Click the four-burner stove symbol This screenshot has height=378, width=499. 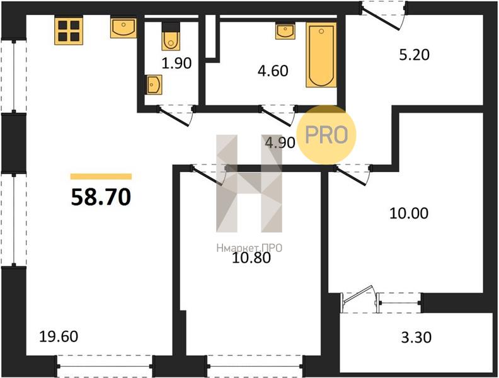click(69, 31)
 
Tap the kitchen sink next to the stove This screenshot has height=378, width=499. click(123, 28)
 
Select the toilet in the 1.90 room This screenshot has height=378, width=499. click(171, 36)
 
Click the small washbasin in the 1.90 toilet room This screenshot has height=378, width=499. click(154, 84)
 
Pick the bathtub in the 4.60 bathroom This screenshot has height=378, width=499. click(321, 55)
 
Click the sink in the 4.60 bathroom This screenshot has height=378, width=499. click(285, 31)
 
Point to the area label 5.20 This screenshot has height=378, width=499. click(414, 55)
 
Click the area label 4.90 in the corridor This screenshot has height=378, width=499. click(280, 142)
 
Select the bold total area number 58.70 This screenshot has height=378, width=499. click(101, 197)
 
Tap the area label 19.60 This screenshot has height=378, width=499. click(59, 336)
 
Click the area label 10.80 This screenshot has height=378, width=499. click(251, 258)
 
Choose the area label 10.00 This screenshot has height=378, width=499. click(409, 213)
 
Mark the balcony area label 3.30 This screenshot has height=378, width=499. click(416, 337)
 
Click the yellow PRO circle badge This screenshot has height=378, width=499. click(326, 135)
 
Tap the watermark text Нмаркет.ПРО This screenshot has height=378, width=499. click(249, 248)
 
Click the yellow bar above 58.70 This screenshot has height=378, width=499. click(101, 176)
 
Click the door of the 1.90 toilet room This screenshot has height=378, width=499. click(176, 115)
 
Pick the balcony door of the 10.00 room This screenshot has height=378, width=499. click(359, 299)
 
